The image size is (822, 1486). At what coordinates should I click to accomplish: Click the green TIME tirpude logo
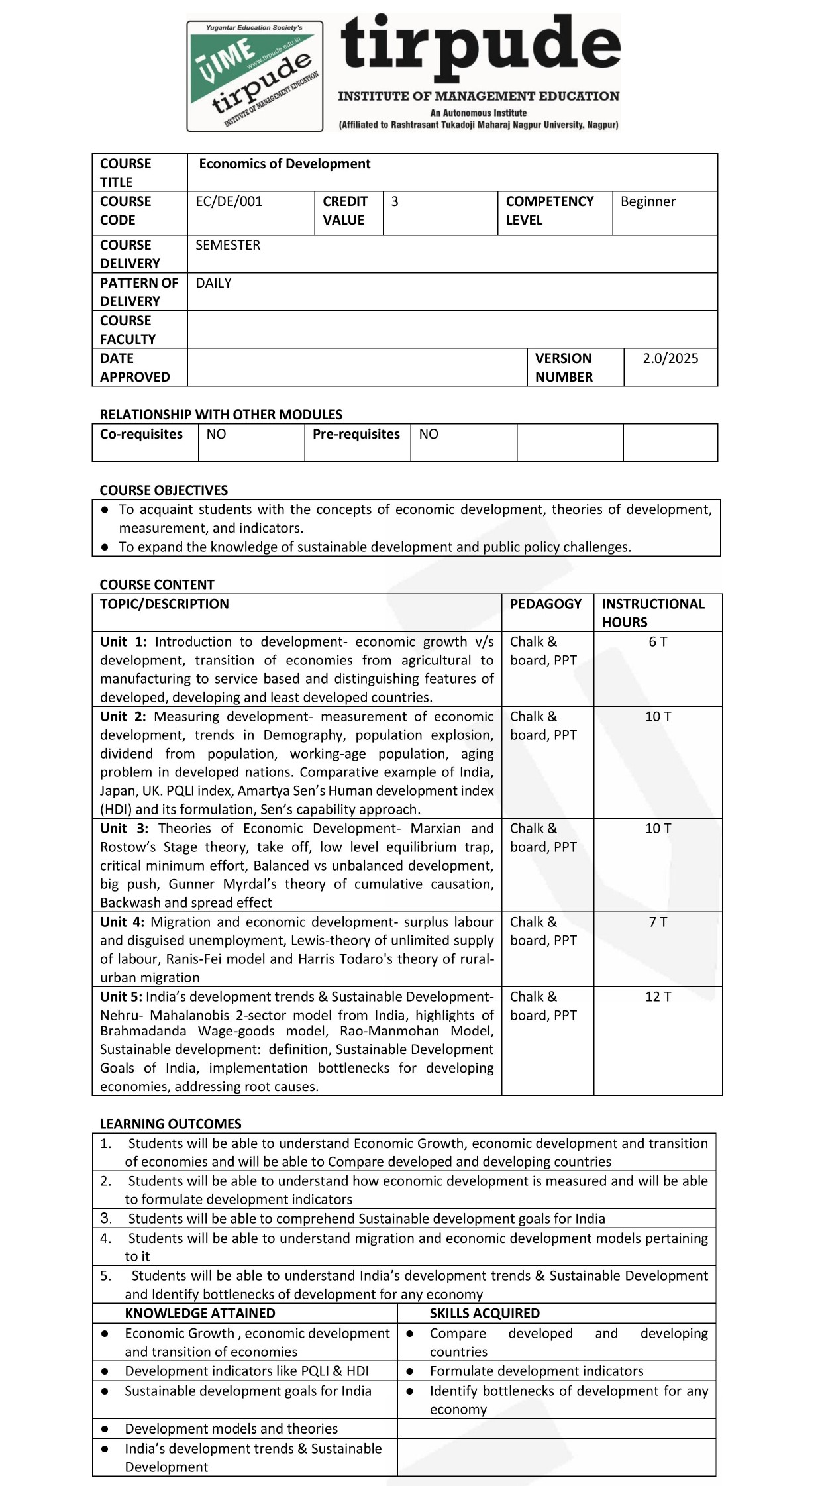(255, 76)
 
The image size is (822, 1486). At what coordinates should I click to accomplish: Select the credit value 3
(395, 201)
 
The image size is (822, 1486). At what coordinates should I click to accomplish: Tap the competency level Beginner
(648, 201)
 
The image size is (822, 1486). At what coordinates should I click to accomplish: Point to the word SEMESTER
(228, 245)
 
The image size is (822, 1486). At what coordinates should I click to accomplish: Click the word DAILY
(213, 283)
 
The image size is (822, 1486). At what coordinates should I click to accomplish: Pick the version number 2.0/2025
(670, 358)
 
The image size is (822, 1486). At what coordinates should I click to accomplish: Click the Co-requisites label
(141, 434)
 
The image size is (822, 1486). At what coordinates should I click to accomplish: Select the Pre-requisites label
(356, 434)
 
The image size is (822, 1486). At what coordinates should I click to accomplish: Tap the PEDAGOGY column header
(546, 604)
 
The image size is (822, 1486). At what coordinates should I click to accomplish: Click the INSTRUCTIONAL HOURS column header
(653, 613)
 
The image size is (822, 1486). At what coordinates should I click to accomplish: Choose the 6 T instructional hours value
(658, 641)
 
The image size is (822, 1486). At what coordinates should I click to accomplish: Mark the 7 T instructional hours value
(658, 922)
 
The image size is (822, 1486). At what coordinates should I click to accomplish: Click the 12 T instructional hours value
(658, 996)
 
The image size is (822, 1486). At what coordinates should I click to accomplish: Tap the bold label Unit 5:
(121, 996)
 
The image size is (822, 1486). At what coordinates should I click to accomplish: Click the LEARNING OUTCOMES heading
(170, 1124)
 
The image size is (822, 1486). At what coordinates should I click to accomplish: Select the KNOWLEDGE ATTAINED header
(199, 1313)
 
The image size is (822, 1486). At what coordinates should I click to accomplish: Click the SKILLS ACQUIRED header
(484, 1313)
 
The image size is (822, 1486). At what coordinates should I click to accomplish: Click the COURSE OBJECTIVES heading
(164, 490)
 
